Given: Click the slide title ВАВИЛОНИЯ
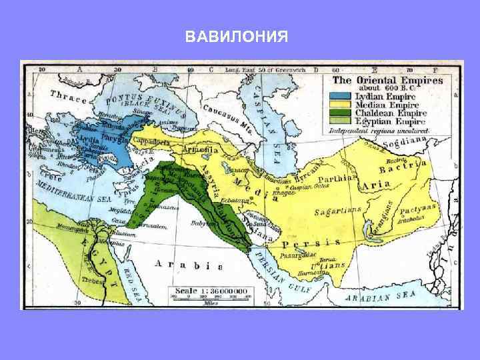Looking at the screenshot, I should click(237, 35).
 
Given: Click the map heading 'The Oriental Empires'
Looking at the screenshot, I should click(384, 80).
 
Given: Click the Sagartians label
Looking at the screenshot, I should click(338, 212).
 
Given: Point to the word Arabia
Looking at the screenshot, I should click(179, 265).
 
